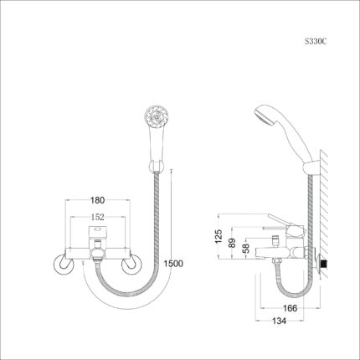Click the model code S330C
316,42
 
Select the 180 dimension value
97,200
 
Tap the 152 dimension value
97,217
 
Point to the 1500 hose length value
173,264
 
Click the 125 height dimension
219,236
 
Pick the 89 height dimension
232,243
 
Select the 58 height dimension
246,248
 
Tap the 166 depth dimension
290,308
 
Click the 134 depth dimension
279,321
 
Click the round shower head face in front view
156,116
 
